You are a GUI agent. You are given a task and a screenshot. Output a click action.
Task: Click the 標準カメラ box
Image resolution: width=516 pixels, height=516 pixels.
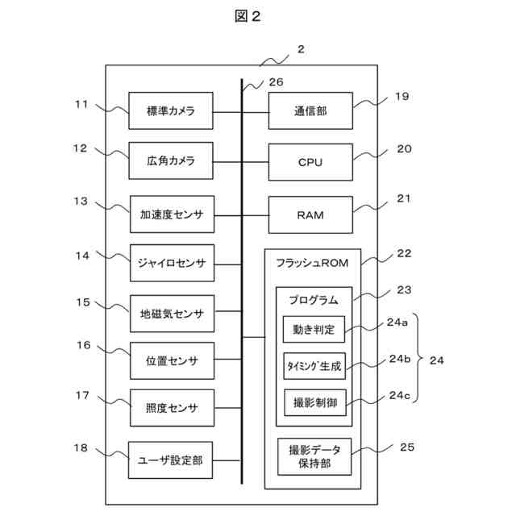coord(171,110)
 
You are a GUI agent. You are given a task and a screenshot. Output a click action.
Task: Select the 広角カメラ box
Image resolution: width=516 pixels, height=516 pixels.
coord(171,161)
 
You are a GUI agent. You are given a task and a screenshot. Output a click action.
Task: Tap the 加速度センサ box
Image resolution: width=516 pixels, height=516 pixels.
coord(171,215)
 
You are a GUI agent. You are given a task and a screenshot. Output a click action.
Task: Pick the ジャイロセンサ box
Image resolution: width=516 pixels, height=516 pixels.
coord(171,263)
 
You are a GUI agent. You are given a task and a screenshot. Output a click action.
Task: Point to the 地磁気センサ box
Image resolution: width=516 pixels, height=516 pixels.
coord(171,314)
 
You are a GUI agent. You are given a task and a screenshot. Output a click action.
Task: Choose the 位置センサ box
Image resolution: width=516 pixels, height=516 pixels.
coord(171,360)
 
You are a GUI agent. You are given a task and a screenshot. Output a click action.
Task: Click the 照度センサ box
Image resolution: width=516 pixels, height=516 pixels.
coord(171,407)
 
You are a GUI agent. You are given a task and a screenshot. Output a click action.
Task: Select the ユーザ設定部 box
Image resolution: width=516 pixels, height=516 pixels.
coord(171,460)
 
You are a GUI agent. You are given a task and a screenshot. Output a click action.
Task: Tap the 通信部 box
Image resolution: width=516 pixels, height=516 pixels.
coord(310,110)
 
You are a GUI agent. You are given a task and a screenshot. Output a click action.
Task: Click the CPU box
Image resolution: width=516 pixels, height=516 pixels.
coord(310,162)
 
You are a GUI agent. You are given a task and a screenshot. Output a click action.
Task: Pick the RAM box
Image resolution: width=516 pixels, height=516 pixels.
coord(310,215)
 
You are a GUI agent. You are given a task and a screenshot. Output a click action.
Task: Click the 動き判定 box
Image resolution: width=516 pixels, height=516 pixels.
coord(314,329)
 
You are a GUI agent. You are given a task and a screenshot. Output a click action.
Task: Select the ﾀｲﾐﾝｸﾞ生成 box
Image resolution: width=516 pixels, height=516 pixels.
coord(314,365)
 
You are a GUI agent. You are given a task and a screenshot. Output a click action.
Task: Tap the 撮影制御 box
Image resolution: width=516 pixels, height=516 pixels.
coord(314,401)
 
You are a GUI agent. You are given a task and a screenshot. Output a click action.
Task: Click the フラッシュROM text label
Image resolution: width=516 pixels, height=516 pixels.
coord(311,262)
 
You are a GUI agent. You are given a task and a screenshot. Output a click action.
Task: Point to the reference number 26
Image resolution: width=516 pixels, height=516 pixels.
coord(276,81)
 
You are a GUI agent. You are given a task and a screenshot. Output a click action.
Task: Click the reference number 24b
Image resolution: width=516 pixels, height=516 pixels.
coord(400,359)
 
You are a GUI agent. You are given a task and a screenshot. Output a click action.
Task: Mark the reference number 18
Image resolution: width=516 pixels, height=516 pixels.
coord(81,447)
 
